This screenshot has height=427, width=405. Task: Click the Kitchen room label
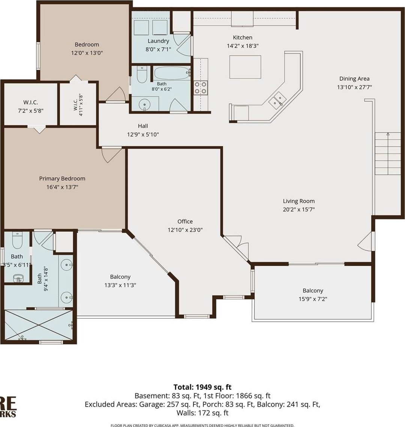pyautogui.click(x=243, y=38)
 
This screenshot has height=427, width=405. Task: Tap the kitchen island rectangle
pyautogui.click(x=245, y=67)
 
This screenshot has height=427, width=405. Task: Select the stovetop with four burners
pyautogui.click(x=201, y=88)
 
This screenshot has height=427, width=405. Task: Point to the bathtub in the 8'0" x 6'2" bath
pyautogui.click(x=172, y=73)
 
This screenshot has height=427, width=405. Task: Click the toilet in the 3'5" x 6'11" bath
pyautogui.click(x=17, y=240)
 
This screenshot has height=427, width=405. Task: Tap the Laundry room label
pyautogui.click(x=158, y=41)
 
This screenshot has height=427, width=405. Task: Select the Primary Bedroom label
pyautogui.click(x=62, y=179)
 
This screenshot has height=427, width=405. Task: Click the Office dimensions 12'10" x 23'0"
pyautogui.click(x=185, y=230)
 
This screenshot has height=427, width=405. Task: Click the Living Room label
pyautogui.click(x=298, y=201)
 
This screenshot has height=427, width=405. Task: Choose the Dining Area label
pyautogui.click(x=354, y=79)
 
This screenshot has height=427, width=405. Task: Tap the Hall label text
pyautogui.click(x=143, y=126)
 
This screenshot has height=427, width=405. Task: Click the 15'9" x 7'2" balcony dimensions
pyautogui.click(x=313, y=299)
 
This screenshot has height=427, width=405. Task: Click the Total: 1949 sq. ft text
pyautogui.click(x=202, y=387)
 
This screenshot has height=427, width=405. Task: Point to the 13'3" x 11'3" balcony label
pyautogui.click(x=120, y=277)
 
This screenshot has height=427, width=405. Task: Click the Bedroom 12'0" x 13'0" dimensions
pyautogui.click(x=87, y=53)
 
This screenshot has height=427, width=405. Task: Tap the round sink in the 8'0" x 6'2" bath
pyautogui.click(x=145, y=105)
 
